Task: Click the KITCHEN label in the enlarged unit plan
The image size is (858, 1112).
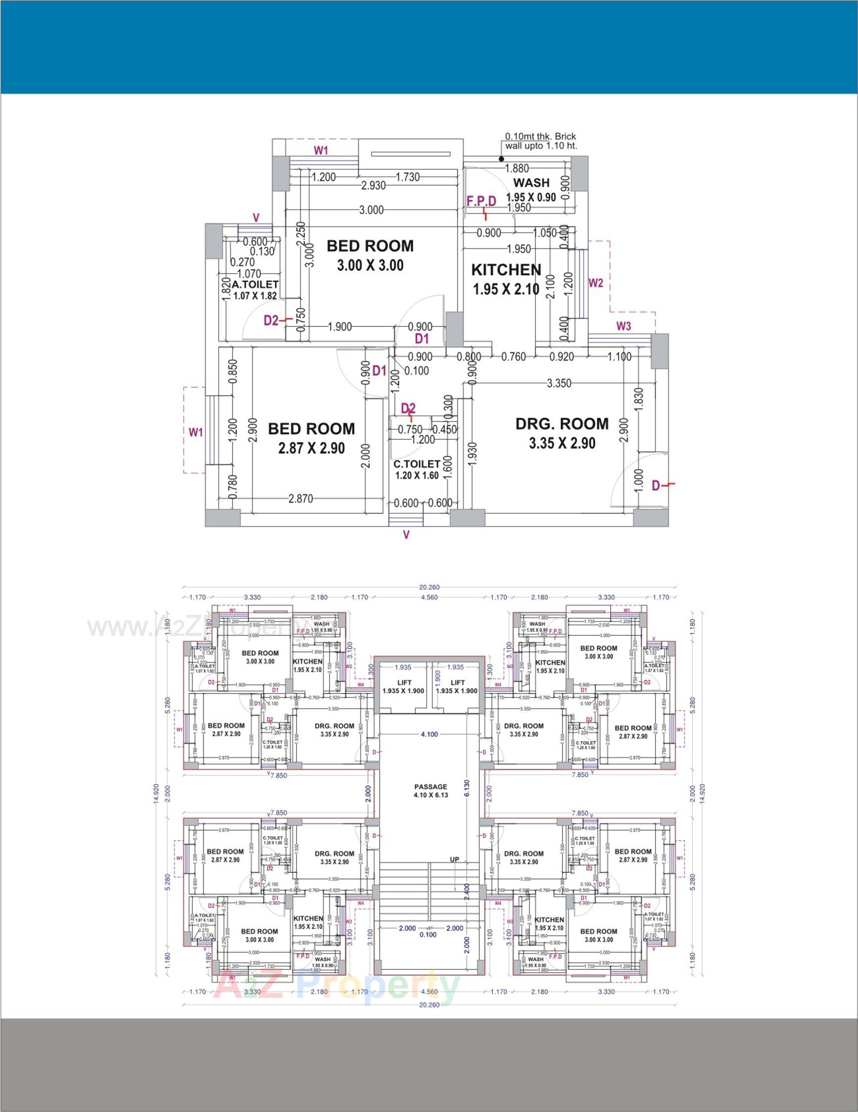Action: (x=506, y=270)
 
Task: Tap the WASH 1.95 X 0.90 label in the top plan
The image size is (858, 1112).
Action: (x=531, y=190)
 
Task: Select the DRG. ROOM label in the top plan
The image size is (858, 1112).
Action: (x=562, y=424)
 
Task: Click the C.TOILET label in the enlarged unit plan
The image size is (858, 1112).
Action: (x=416, y=464)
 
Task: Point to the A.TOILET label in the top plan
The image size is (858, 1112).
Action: (x=255, y=285)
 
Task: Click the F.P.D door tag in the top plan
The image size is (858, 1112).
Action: (x=481, y=201)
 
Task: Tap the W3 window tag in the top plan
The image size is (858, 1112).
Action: (x=623, y=326)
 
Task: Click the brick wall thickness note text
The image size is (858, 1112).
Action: (x=540, y=141)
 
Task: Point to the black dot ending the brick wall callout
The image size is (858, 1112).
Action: (x=501, y=159)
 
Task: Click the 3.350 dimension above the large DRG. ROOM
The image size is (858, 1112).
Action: (x=559, y=383)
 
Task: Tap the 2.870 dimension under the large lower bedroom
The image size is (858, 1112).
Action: (x=301, y=499)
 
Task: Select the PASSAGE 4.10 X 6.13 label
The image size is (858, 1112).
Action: (x=430, y=790)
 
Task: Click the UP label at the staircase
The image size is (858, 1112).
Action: (x=454, y=859)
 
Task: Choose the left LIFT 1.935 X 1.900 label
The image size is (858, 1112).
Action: (x=403, y=686)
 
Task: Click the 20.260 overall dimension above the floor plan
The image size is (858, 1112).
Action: (x=429, y=587)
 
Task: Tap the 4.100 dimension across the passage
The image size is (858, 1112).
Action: (x=429, y=734)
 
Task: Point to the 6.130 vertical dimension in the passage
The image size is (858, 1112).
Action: (x=467, y=788)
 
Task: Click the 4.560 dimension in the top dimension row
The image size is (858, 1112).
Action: (x=429, y=597)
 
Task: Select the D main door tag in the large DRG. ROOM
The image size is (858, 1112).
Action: (x=656, y=486)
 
